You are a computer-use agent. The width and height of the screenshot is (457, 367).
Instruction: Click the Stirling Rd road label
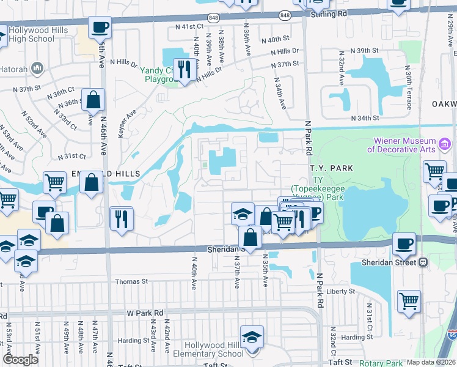coord(331,13)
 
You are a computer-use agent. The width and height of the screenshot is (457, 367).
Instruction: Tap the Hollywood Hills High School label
coord(32,34)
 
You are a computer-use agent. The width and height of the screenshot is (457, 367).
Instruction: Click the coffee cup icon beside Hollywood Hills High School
coord(100,28)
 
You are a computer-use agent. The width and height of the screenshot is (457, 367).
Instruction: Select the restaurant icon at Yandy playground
coord(183,69)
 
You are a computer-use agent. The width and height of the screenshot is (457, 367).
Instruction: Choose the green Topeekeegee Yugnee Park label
coord(317,188)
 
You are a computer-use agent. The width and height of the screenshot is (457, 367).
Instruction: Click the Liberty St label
coord(340,292)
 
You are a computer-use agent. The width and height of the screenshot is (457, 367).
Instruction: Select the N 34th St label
coord(365,118)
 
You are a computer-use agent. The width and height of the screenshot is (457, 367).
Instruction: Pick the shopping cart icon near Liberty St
coord(409,301)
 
